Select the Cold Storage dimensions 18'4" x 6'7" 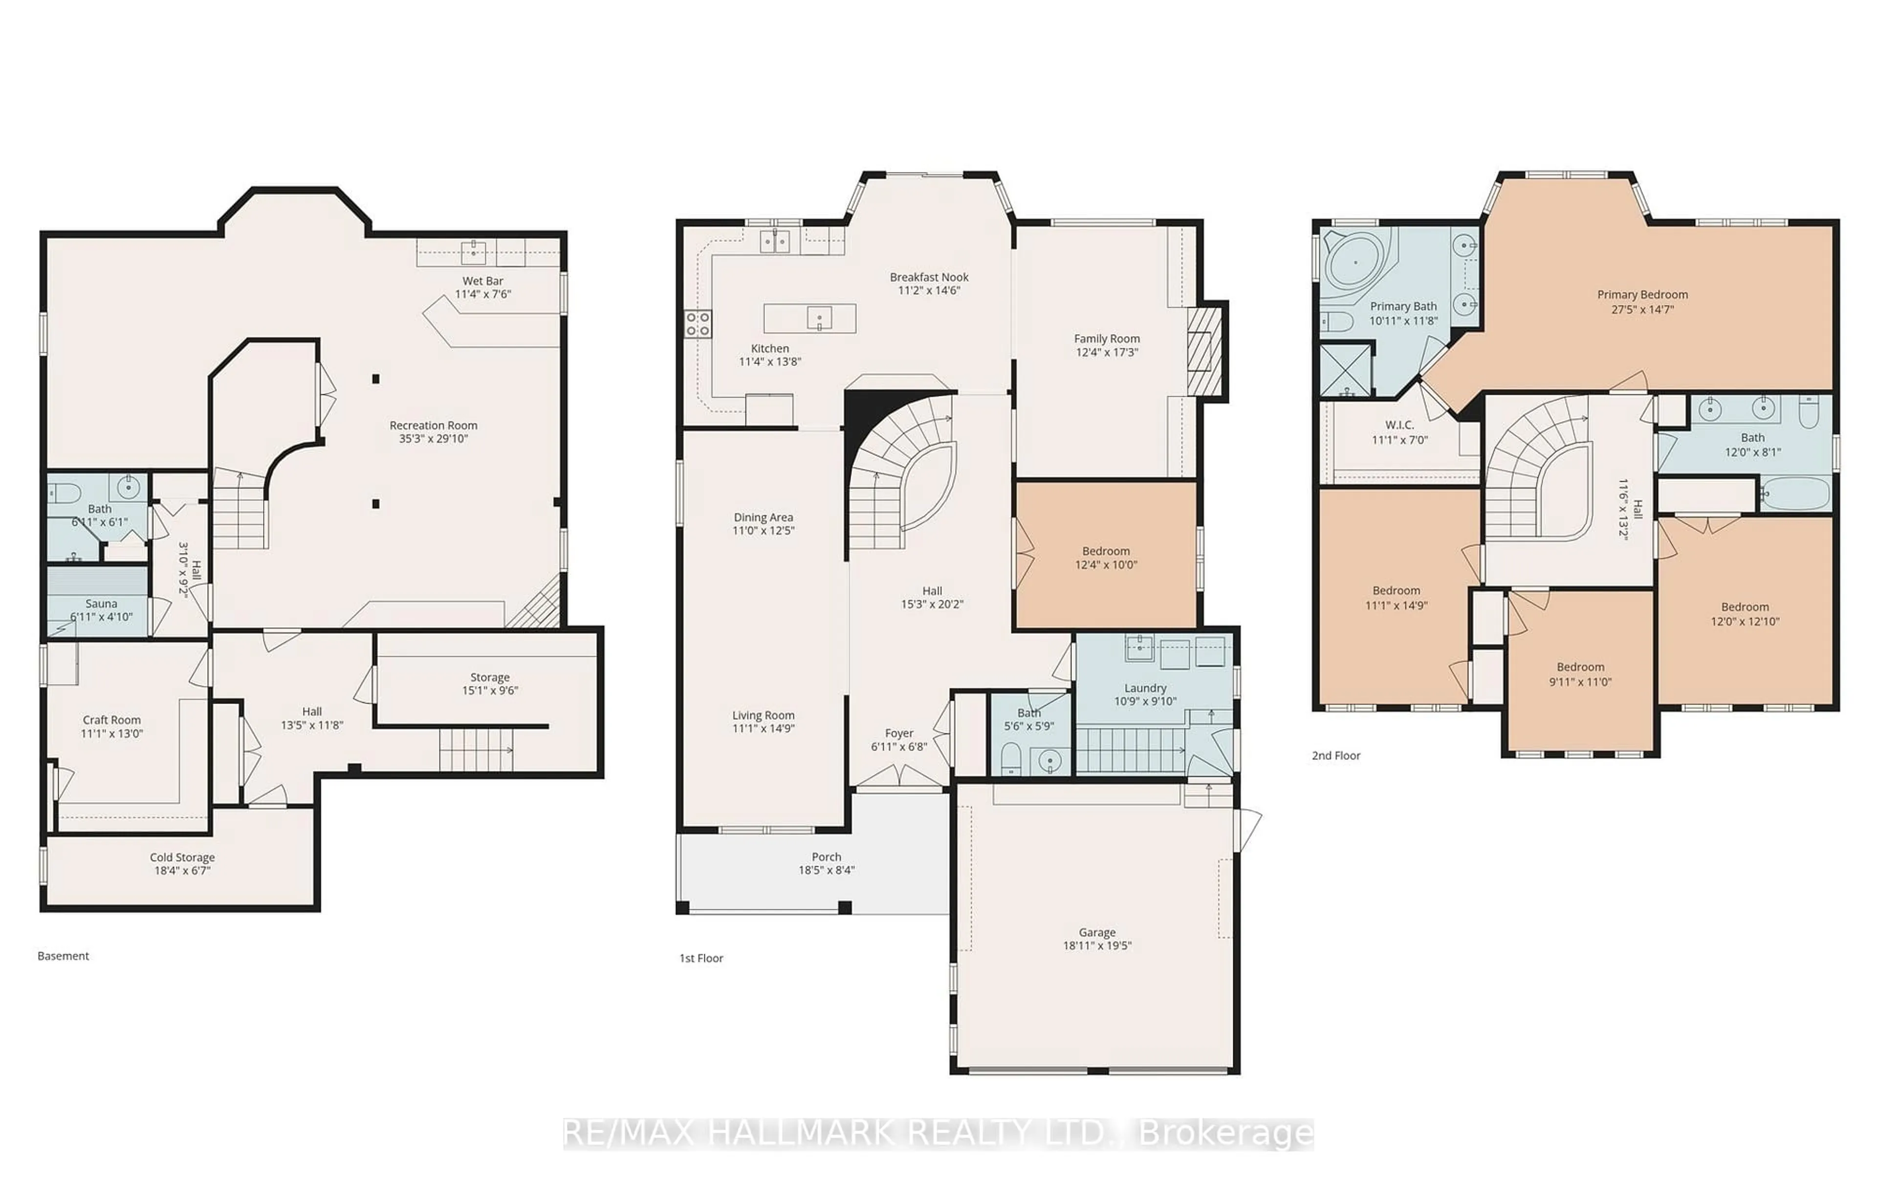click(182, 870)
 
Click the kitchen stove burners click(698, 323)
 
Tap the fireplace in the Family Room click(1203, 351)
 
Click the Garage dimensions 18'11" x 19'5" click(1097, 945)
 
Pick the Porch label click(826, 857)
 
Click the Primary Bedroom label click(1642, 295)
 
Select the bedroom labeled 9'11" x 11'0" click(1580, 674)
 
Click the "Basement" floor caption click(63, 956)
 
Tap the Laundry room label click(1145, 688)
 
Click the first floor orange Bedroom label click(1105, 551)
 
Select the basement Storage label click(489, 677)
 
